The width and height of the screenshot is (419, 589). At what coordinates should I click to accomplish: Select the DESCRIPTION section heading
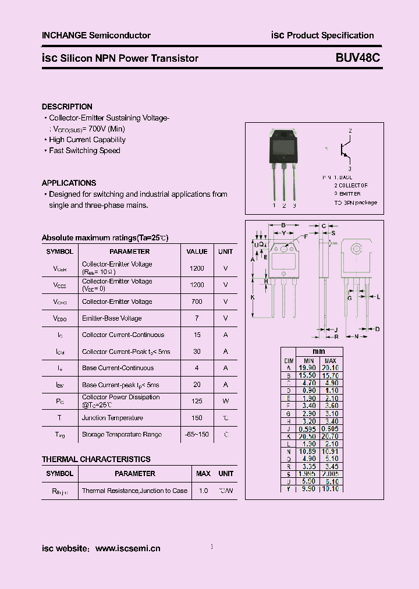pyautogui.click(x=67, y=107)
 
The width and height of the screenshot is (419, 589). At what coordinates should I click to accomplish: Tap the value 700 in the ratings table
pyautogui.click(x=197, y=301)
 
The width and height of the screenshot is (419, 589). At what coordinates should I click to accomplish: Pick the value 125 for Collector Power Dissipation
pyautogui.click(x=197, y=401)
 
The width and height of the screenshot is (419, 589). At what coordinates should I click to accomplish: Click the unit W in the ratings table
pyautogui.click(x=225, y=401)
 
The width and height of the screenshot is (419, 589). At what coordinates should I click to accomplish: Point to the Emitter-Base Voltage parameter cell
pyautogui.click(x=112, y=318)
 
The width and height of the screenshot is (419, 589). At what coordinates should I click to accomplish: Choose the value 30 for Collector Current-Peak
pyautogui.click(x=197, y=352)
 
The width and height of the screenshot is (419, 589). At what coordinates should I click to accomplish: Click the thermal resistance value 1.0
pyautogui.click(x=203, y=491)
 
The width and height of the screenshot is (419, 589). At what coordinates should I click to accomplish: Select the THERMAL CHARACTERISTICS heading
pyautogui.click(x=96, y=459)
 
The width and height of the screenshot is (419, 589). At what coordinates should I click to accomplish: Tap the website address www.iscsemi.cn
pyautogui.click(x=127, y=548)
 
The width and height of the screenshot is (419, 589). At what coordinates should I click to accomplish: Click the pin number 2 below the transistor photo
pyautogui.click(x=284, y=205)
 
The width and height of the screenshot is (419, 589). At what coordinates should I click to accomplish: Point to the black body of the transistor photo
pyautogui.click(x=283, y=146)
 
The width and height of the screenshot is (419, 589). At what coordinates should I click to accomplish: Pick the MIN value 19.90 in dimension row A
pyautogui.click(x=308, y=368)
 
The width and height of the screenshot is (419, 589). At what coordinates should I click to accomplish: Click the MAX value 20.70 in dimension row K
pyautogui.click(x=331, y=437)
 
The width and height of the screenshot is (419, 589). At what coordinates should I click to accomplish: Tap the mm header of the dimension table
pyautogui.click(x=319, y=352)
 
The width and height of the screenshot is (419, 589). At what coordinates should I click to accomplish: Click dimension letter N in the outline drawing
pyautogui.click(x=357, y=336)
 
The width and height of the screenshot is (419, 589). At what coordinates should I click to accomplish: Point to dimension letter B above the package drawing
pyautogui.click(x=283, y=225)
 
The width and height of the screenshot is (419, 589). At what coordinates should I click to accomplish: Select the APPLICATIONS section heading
pyautogui.click(x=69, y=183)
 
